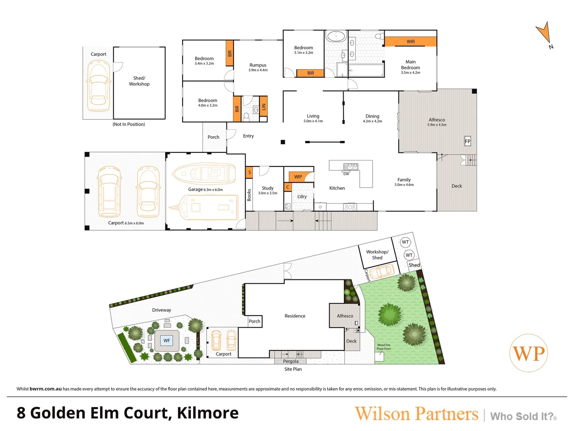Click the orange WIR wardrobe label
(410, 42)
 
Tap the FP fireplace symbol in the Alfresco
(467, 141)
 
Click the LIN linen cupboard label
(263, 107)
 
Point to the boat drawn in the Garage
(204, 173)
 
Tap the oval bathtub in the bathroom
(337, 36)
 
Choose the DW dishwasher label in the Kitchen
(346, 174)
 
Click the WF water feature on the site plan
(167, 340)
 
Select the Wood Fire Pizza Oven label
(383, 347)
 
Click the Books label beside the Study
(249, 195)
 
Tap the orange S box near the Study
(249, 172)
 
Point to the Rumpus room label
(258, 65)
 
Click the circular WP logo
(529, 353)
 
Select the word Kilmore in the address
(208, 413)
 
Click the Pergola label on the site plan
(291, 362)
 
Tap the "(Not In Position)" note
(129, 124)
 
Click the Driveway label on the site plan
(161, 310)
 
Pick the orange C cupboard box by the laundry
(288, 187)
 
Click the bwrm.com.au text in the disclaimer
(45, 389)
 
